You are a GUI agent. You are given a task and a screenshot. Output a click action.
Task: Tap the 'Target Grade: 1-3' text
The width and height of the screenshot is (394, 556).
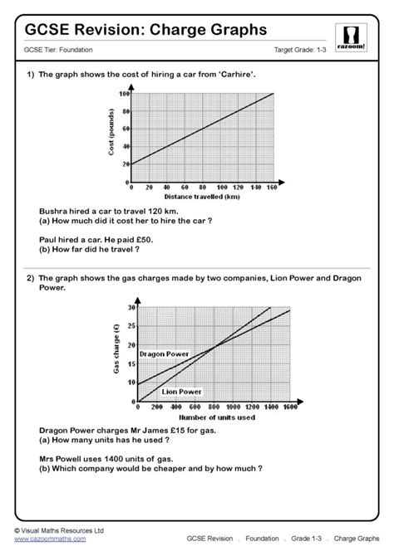coord(303,51)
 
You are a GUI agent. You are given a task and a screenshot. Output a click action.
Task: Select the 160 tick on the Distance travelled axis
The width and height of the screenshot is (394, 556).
coord(272,188)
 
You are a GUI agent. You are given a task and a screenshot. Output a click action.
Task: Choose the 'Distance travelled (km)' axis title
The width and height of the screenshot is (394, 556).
coord(203,197)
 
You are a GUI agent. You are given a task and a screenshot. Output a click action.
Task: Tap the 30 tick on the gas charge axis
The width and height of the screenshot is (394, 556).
coord(131,308)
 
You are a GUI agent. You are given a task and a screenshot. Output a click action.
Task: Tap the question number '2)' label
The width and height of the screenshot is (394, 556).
coord(30,280)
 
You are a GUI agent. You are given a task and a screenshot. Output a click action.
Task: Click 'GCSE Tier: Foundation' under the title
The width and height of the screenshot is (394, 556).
coord(58,51)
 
